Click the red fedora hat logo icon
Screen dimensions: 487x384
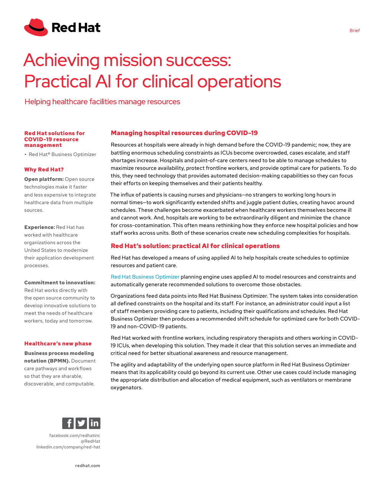coord(36,27)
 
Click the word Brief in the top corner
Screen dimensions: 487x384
coord(354,31)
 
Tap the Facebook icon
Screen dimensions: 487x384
coord(68,423)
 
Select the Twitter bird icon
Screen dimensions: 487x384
coord(81,423)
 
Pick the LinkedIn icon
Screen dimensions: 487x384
coord(94,423)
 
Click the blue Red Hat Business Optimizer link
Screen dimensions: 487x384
coord(145,277)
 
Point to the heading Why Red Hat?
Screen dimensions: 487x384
coord(44,169)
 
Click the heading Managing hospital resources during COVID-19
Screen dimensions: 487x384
coord(184,133)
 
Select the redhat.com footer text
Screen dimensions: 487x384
coord(87,466)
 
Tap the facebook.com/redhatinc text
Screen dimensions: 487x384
coord(75,435)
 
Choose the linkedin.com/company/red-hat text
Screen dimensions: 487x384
coord(68,447)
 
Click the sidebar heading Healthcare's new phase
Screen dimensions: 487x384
coord(58,343)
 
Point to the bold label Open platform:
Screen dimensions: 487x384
coord(44,179)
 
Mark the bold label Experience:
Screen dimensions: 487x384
coord(39,227)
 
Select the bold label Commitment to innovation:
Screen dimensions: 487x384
coord(60,282)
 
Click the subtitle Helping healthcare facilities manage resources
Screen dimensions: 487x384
coord(102,102)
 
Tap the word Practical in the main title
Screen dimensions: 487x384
coord(58,82)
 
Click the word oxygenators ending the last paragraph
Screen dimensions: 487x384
coord(126,387)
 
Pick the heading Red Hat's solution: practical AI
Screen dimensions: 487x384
coord(195,246)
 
